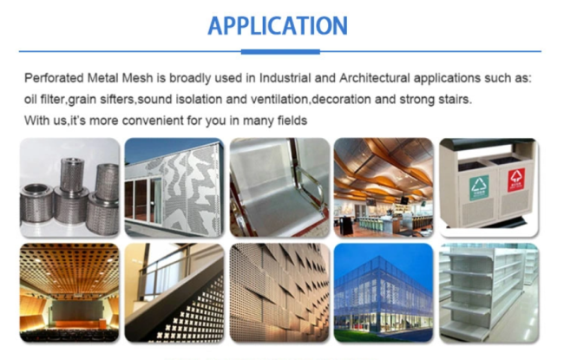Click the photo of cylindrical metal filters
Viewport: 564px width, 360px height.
(x=70, y=187)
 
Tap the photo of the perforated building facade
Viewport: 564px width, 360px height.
(x=174, y=187)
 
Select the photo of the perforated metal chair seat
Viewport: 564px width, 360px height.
(x=279, y=187)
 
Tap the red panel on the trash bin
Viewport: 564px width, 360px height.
(x=516, y=180)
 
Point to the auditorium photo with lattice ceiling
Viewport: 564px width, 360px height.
(x=70, y=291)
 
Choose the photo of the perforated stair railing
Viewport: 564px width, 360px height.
(x=174, y=291)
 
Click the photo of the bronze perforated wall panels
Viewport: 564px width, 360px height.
(x=279, y=291)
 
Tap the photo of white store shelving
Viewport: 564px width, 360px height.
(x=489, y=291)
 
